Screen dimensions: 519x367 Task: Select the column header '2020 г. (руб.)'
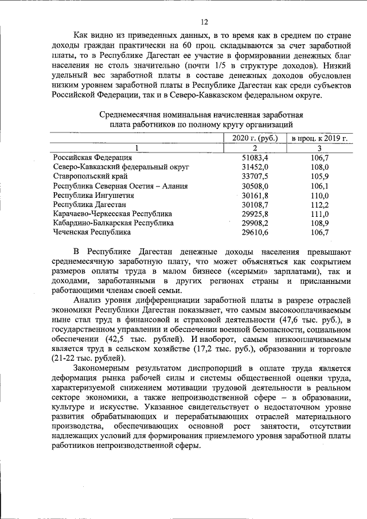point(255,138)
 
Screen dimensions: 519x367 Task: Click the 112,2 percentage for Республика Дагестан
point(319,204)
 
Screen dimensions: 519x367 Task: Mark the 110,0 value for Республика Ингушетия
point(319,195)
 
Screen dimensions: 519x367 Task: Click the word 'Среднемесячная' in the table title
point(130,114)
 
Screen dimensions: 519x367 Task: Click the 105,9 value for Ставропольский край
point(319,177)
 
